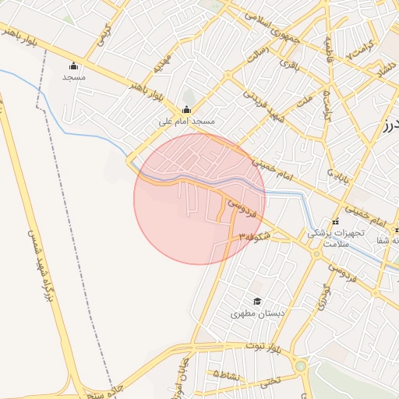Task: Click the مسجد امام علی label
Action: point(187,122)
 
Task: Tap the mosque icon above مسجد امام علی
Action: point(186,110)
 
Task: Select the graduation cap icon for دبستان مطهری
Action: point(256,302)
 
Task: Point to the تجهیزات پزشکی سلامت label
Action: point(337,238)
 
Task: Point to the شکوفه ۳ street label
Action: point(255,236)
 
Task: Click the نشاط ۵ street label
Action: point(228,375)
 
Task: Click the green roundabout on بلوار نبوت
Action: point(301,365)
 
